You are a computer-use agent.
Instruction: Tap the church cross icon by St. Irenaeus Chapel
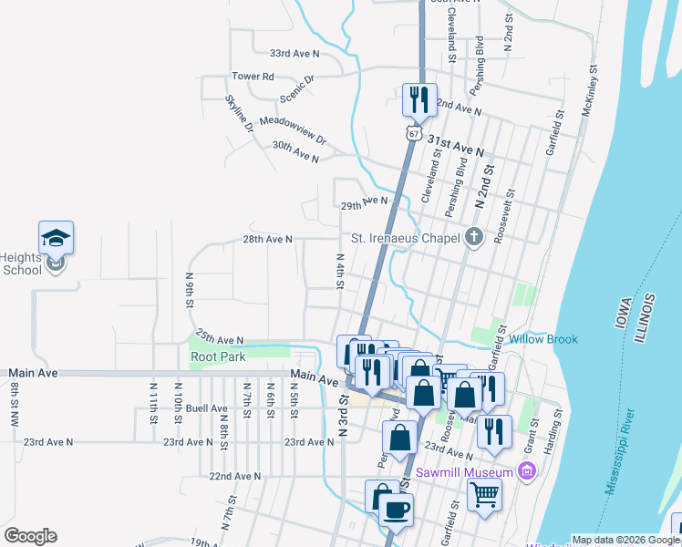point(472,239)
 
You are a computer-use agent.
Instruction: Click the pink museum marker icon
point(525,471)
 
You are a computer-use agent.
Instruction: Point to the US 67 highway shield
point(415,133)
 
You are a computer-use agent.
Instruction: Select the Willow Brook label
point(543,339)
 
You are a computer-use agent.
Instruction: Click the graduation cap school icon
point(56,239)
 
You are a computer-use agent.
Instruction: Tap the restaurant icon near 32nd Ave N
point(419,98)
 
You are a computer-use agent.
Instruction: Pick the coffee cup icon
point(396,510)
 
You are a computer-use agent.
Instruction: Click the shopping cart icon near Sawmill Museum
point(484,494)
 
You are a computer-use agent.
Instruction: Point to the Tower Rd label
point(253,77)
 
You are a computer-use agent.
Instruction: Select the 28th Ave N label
point(267,239)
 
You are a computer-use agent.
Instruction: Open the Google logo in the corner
point(30,536)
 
